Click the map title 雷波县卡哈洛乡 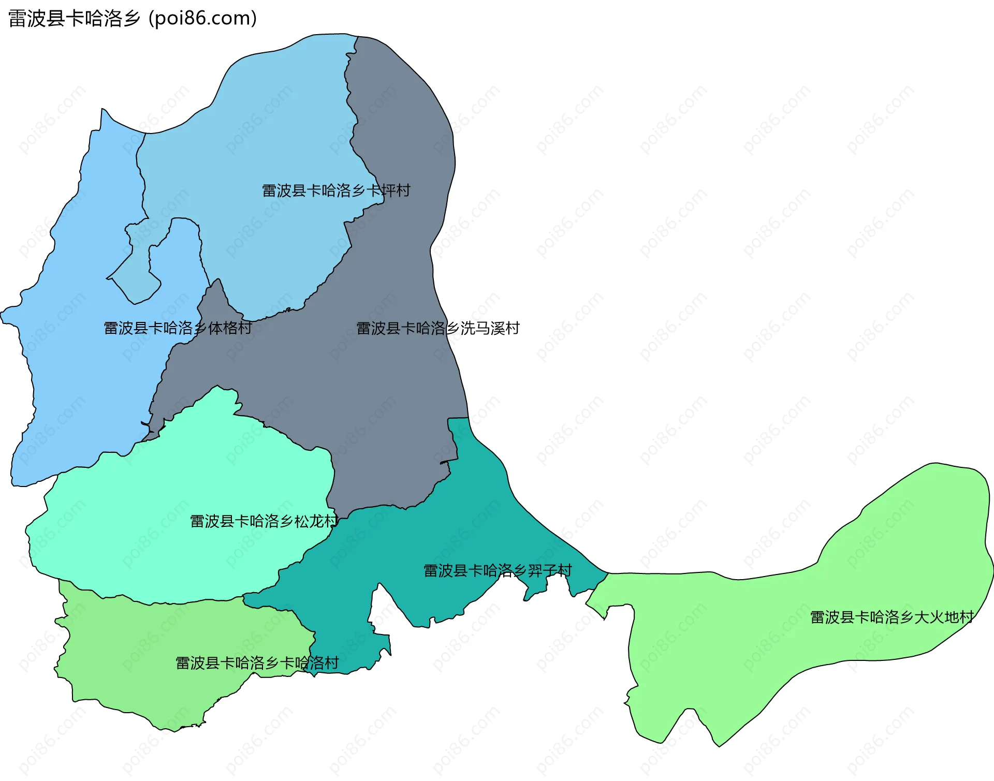pos(74,19)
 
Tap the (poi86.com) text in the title pos(203,19)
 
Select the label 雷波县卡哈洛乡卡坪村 pos(336,190)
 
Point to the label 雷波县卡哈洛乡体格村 pos(178,328)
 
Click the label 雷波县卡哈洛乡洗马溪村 pos(437,328)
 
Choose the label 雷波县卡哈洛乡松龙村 pos(264,521)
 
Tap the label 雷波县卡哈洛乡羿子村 pos(498,570)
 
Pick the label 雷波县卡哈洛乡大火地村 pos(891,617)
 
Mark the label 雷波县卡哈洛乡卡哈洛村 pos(257,662)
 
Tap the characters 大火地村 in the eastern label pos(944,617)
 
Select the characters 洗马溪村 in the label pos(490,328)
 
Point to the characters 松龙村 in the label pos(316,521)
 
